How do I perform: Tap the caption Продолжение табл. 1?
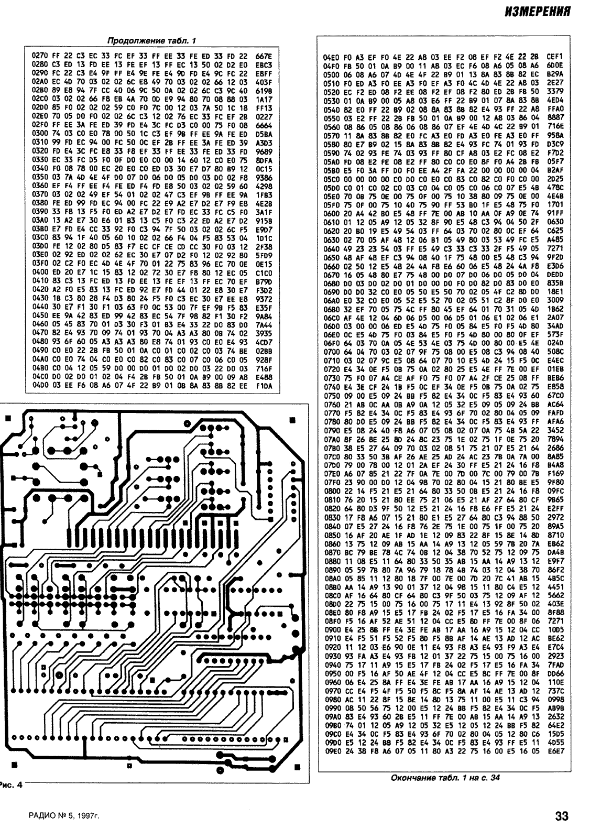point(152,40)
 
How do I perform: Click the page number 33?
point(562,816)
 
